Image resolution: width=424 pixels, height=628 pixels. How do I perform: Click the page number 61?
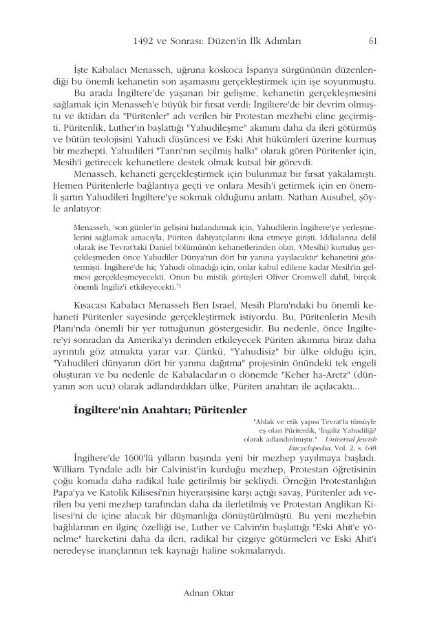tap(372, 41)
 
